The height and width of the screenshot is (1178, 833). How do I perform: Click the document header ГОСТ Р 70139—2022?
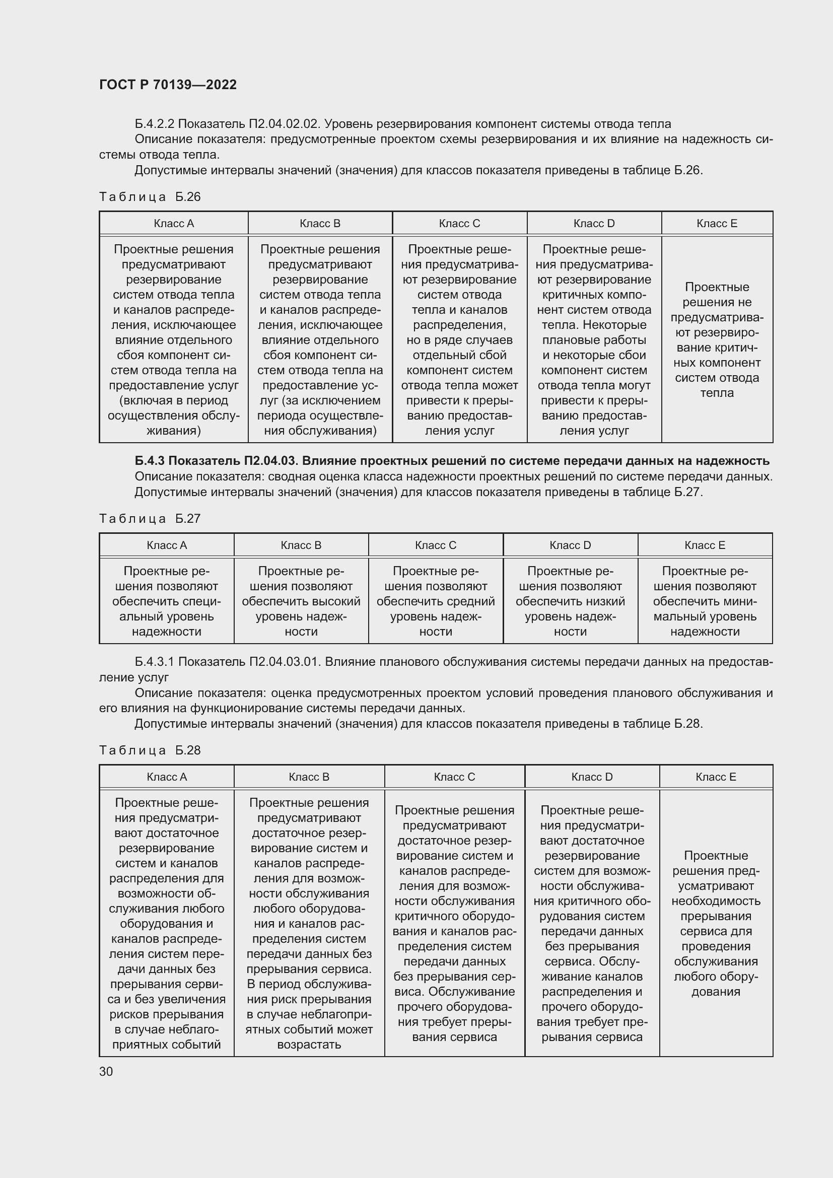click(168, 85)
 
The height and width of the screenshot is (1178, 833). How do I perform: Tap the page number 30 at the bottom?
click(106, 1071)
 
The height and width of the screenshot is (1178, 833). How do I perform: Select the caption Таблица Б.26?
click(150, 197)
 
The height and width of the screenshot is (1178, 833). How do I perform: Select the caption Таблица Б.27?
click(150, 519)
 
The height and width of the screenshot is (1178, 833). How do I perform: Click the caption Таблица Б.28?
click(150, 750)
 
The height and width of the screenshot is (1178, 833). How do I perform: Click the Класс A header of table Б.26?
click(173, 224)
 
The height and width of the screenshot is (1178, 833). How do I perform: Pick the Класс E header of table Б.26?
click(717, 224)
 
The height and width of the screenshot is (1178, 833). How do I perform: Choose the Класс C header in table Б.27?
click(436, 545)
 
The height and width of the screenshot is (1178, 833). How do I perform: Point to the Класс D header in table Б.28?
click(592, 777)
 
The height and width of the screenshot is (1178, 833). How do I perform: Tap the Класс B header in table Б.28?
click(309, 777)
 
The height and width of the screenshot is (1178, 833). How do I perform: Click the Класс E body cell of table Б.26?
click(717, 339)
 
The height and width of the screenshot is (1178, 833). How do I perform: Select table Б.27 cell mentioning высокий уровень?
click(301, 601)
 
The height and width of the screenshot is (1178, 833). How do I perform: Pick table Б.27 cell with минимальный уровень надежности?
click(705, 601)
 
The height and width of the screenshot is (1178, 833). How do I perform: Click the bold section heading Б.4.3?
click(451, 461)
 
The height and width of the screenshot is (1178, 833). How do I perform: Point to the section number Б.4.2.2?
click(155, 124)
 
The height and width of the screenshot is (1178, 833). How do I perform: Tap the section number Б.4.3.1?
click(155, 662)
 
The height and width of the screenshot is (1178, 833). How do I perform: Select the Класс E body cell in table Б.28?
click(716, 924)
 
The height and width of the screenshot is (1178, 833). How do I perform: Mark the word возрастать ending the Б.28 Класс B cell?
click(309, 1045)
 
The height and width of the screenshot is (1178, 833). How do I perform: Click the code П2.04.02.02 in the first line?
click(285, 124)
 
